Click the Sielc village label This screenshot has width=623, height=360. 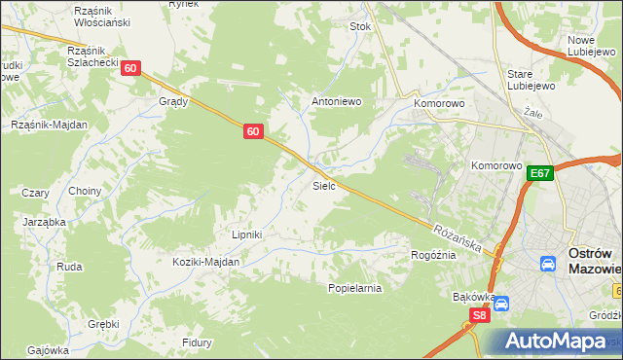point(324,185)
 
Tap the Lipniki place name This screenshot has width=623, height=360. point(248,234)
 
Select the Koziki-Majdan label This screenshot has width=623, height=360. point(206,263)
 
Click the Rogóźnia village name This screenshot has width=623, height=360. point(433,255)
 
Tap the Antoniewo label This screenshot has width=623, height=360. point(336,99)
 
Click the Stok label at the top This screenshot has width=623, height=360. point(361,27)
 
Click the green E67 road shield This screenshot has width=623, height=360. point(542,173)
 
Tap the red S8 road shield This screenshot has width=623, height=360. point(479,315)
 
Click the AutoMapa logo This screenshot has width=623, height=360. point(555,342)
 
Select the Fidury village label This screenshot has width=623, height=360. point(197,342)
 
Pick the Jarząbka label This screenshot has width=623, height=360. point(44,222)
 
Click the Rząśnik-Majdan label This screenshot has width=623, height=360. point(49,125)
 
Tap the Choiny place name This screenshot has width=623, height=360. point(85,191)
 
